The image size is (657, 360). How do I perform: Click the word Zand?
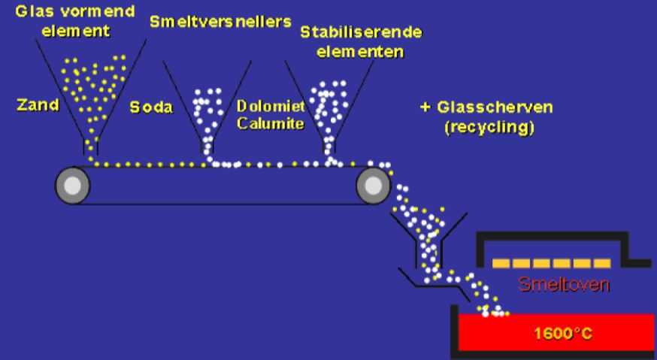click(x=38, y=105)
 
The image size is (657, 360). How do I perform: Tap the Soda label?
click(x=151, y=107)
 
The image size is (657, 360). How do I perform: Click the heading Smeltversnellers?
click(x=220, y=21)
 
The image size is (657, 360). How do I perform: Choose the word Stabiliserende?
click(x=361, y=33)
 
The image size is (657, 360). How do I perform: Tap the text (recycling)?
click(x=489, y=127)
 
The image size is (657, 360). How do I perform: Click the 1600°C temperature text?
click(x=563, y=333)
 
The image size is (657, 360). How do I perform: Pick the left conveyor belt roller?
click(x=73, y=185)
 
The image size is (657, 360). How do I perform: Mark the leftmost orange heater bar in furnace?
click(x=503, y=263)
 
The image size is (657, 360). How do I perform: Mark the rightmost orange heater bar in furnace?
click(x=601, y=263)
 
